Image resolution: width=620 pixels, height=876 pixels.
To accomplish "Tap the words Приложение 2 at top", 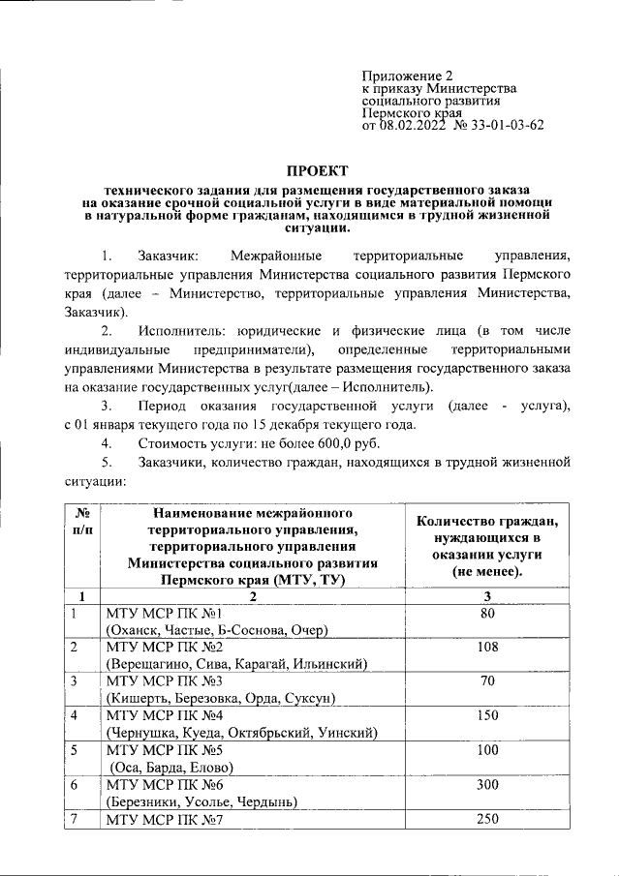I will pos(407,75).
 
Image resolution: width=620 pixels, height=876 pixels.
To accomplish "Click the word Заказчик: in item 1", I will pos(170,257).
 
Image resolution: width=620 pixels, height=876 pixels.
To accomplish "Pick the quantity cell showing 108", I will pos(488,647).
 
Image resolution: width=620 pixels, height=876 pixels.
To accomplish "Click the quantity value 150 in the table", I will pos(488,715).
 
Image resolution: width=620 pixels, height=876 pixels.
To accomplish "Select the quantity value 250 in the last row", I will pos(488,819).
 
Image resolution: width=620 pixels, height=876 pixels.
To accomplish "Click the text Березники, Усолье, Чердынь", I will pos(201,800).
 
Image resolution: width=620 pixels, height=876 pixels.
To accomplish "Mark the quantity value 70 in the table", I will pos(488,680).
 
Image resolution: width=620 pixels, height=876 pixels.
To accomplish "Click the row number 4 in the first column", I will pos(75,716).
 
